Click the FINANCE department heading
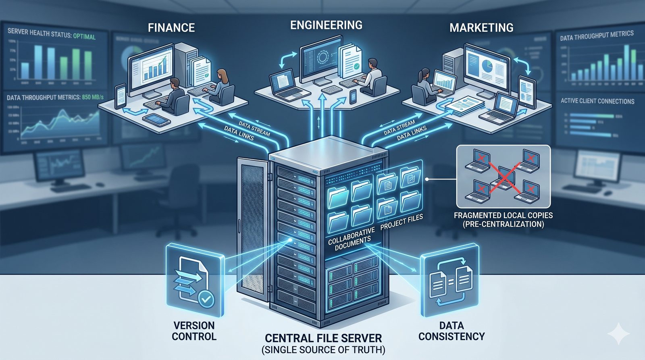click(171, 27)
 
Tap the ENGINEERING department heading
click(326, 25)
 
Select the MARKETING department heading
click(481, 27)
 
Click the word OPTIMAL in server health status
click(84, 36)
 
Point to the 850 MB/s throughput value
click(93, 97)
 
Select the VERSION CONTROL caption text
click(194, 331)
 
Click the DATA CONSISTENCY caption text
click(451, 331)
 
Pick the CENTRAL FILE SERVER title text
click(323, 338)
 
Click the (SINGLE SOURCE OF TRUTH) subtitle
click(323, 350)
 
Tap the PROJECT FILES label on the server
click(402, 221)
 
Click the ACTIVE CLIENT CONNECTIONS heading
click(597, 101)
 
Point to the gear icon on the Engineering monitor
click(322, 57)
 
